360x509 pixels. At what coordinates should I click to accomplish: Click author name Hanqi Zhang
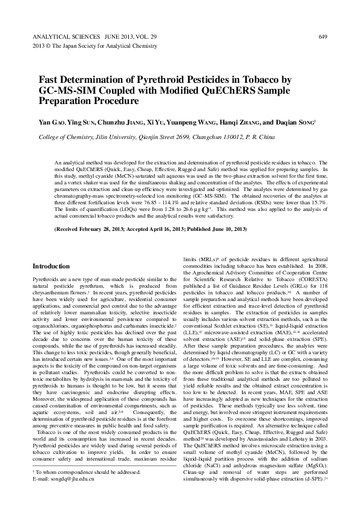click(x=228, y=123)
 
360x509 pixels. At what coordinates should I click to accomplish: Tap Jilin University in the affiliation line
click(x=127, y=137)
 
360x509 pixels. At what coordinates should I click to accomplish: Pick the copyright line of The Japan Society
click(x=90, y=46)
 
